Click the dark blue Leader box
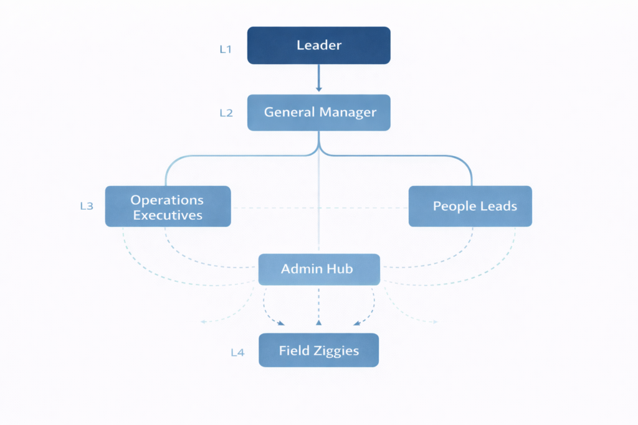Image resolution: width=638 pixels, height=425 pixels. pyautogui.click(x=318, y=45)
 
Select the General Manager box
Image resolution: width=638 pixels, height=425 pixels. pyautogui.click(x=318, y=113)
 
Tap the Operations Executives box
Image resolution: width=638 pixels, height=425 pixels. pyautogui.click(x=168, y=207)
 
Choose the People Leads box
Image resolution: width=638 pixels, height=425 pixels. pyautogui.click(x=470, y=206)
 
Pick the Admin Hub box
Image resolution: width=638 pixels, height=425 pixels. pyautogui.click(x=318, y=269)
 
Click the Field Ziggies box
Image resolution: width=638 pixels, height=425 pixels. pyautogui.click(x=318, y=350)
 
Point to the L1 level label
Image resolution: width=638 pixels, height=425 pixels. pyautogui.click(x=226, y=49)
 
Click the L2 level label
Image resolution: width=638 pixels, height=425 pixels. pyautogui.click(x=226, y=113)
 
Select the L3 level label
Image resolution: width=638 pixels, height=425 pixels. pyautogui.click(x=87, y=206)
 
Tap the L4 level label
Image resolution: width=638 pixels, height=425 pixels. pyautogui.click(x=237, y=353)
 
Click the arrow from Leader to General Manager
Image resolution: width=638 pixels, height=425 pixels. pyautogui.click(x=318, y=79)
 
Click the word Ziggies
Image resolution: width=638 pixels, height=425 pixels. pyautogui.click(x=336, y=351)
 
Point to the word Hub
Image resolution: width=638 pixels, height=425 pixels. pyautogui.click(x=341, y=269)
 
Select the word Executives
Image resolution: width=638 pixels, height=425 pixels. pyautogui.click(x=168, y=215)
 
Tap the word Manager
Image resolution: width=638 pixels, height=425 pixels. pyautogui.click(x=348, y=113)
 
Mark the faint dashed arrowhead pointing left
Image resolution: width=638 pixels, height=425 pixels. pyautogui.click(x=202, y=322)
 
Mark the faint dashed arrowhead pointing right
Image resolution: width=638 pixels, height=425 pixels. pyautogui.click(x=435, y=322)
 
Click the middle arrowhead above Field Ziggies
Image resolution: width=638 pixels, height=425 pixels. pyautogui.click(x=318, y=322)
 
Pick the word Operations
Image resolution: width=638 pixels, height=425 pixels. pyautogui.click(x=167, y=200)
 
